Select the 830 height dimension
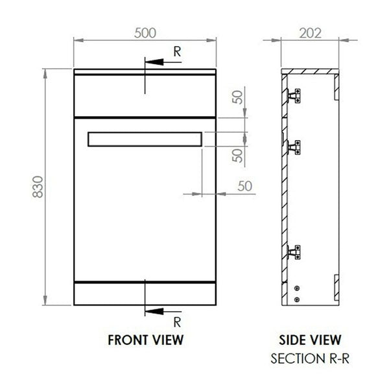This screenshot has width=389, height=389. coord(37,188)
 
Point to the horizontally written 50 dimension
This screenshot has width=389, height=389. coord(244,185)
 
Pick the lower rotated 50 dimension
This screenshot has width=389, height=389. coord(238,156)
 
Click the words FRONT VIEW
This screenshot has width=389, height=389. coord(145,339)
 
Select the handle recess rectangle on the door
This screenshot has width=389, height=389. coord(145,139)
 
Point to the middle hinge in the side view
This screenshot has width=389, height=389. coord(295,145)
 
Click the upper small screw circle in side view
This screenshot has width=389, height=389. coord(296,288)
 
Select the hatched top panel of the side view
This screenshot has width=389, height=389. coord(312,69)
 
